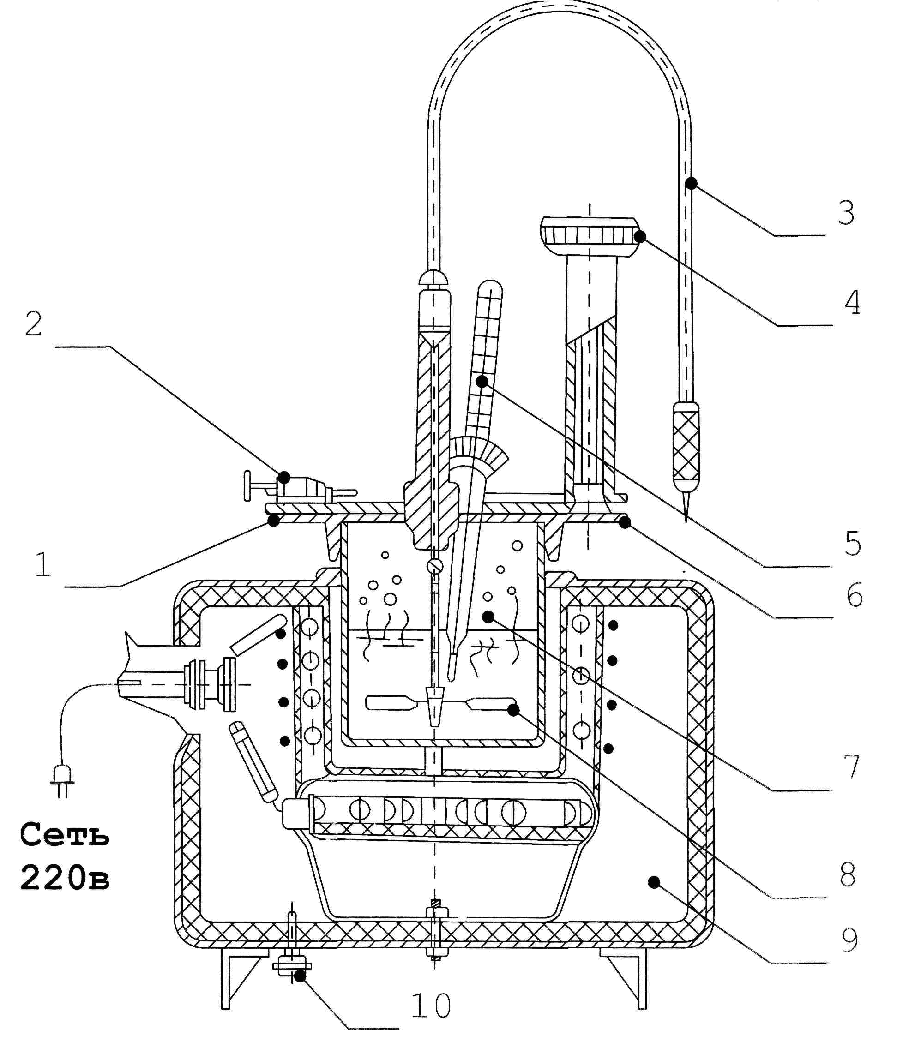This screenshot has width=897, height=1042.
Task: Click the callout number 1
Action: click(x=43, y=564)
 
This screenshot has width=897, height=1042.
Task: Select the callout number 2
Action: click(x=34, y=323)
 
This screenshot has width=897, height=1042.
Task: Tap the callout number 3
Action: click(x=846, y=212)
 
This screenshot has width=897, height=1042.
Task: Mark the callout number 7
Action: click(x=852, y=767)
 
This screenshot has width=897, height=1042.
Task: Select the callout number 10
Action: click(x=431, y=1006)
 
